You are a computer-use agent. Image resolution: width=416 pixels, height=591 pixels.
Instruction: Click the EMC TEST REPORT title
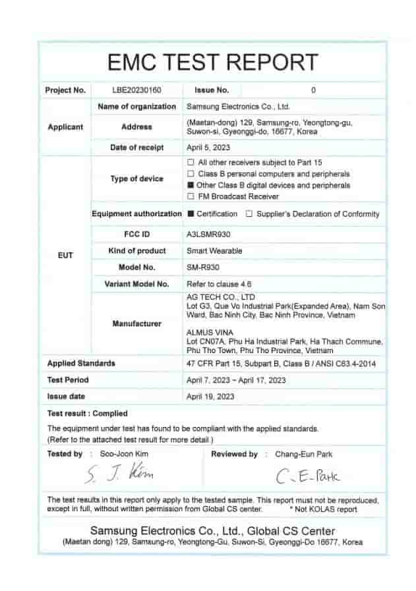[x=212, y=62]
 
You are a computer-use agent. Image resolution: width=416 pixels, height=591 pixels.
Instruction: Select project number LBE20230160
[x=136, y=90]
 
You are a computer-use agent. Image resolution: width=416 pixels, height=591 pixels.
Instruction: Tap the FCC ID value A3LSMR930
[x=208, y=234]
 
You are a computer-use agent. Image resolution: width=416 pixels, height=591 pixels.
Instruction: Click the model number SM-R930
[x=202, y=267]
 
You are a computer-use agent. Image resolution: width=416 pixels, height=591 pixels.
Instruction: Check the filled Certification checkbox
[x=191, y=213]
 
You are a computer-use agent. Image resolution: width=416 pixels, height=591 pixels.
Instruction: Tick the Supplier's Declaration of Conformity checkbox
[x=249, y=213]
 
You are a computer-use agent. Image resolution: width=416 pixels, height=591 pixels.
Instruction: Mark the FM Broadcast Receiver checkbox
[x=191, y=196]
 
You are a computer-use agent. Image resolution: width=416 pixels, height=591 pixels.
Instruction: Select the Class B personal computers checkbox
[x=191, y=173]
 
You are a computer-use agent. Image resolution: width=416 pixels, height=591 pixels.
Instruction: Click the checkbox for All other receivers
[x=191, y=162]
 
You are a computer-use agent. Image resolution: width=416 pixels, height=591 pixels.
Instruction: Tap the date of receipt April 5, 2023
[x=208, y=148]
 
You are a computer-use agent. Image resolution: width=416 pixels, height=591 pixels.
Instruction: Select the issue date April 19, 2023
[x=210, y=397]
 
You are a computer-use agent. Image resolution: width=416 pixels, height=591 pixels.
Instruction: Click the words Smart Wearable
[x=214, y=251]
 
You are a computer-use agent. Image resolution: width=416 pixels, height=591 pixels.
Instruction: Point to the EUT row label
[x=65, y=254]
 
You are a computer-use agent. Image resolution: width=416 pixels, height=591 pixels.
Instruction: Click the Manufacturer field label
[x=137, y=324]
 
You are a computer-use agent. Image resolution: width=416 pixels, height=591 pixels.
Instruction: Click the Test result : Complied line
[x=87, y=414]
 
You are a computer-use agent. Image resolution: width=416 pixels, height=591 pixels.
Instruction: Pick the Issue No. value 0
[x=313, y=90]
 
